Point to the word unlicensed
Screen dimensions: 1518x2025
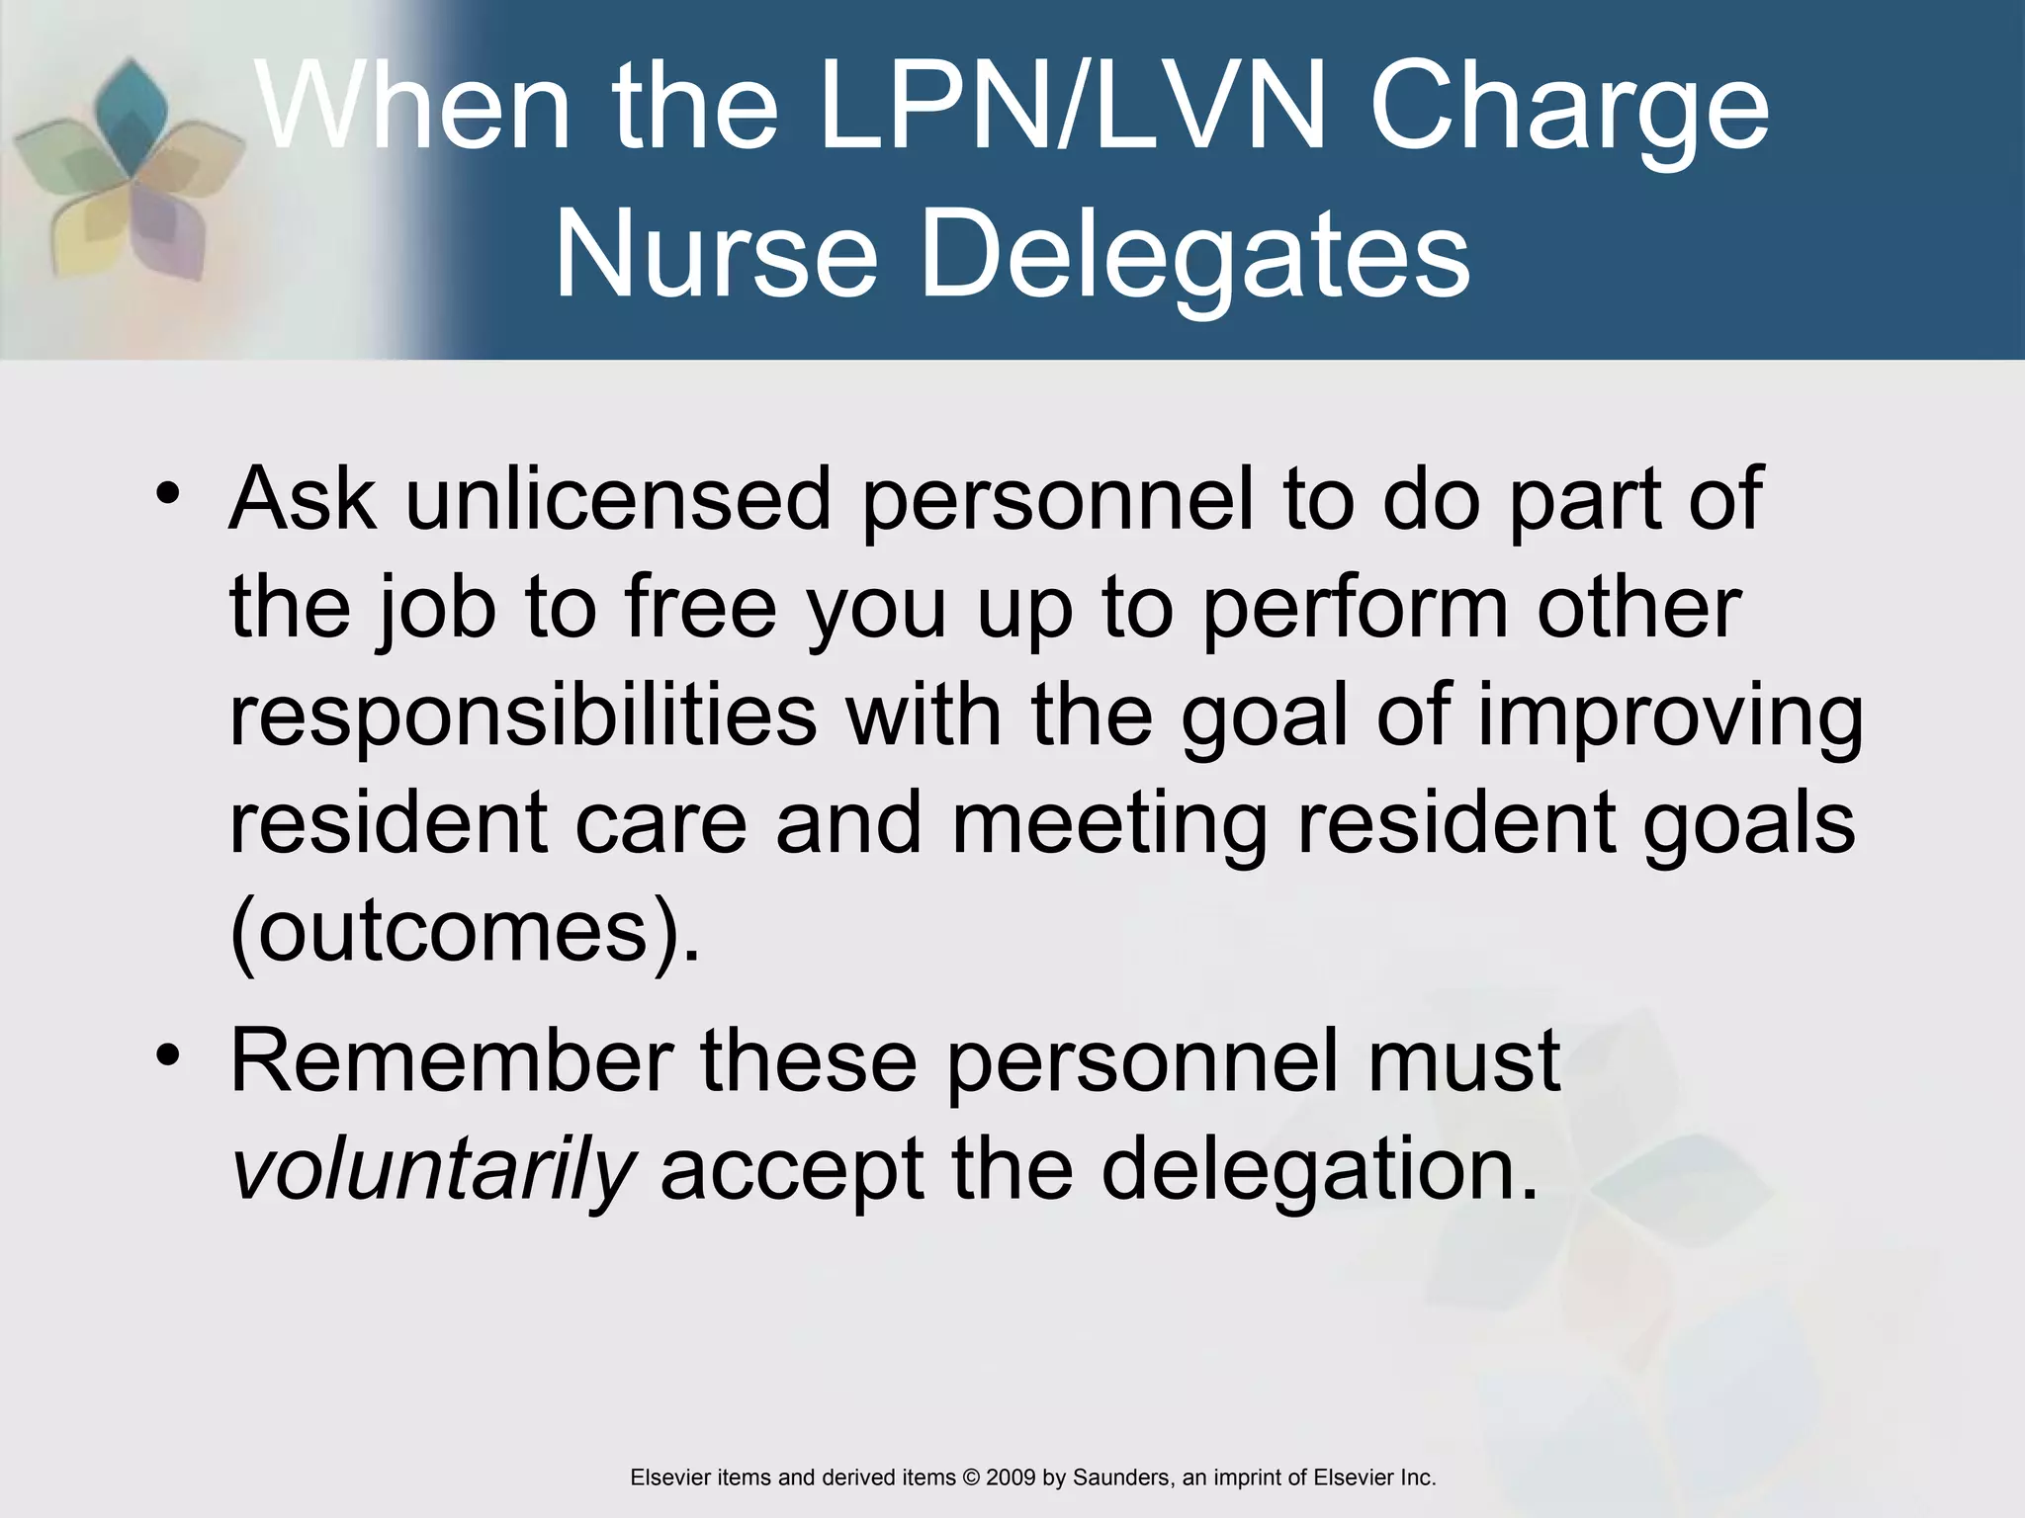pos(618,499)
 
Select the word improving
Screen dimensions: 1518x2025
pos(1670,717)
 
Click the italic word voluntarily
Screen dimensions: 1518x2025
pos(432,1169)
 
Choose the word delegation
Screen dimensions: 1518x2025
pos(1320,1169)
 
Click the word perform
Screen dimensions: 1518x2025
pos(1356,608)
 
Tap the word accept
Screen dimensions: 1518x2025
pos(792,1169)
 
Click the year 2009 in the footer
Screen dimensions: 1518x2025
pos(1011,1477)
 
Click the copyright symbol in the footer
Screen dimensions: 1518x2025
pos(971,1477)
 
